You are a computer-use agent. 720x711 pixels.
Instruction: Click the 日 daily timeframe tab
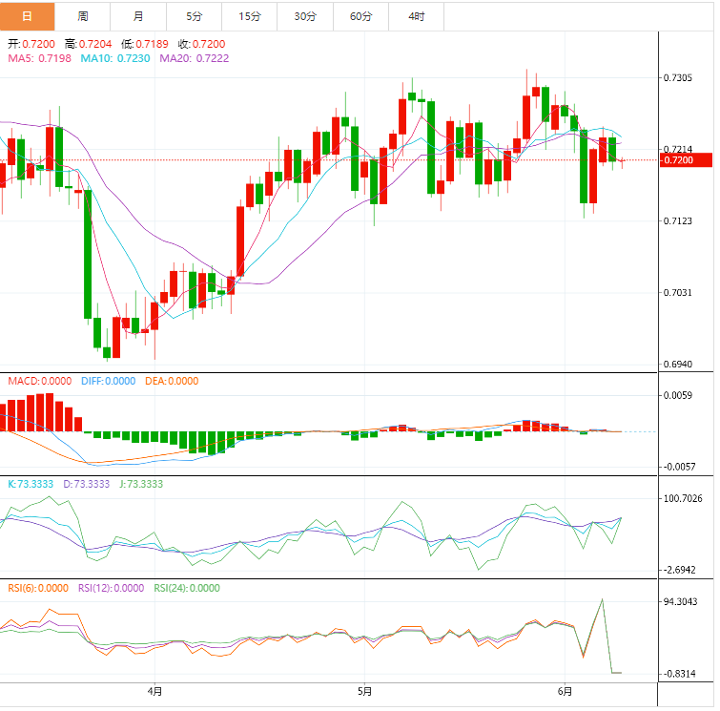(x=27, y=16)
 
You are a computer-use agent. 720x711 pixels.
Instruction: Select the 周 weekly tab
(x=83, y=16)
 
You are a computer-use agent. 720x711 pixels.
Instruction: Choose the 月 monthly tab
(x=139, y=16)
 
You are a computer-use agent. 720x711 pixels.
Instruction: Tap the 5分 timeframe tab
(x=195, y=16)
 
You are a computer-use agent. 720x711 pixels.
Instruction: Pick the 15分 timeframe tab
(x=250, y=16)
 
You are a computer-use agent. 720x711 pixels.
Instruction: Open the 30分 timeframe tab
(x=305, y=16)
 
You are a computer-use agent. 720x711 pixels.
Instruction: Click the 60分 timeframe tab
(x=361, y=16)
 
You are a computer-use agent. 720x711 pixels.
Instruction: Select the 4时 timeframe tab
(x=417, y=16)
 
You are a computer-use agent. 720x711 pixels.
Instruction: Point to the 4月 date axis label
(x=154, y=691)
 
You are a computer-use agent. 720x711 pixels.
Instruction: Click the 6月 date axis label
(x=566, y=691)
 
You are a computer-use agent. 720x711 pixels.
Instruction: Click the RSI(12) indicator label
(x=111, y=588)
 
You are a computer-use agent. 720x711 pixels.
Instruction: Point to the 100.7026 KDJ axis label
(x=683, y=498)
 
